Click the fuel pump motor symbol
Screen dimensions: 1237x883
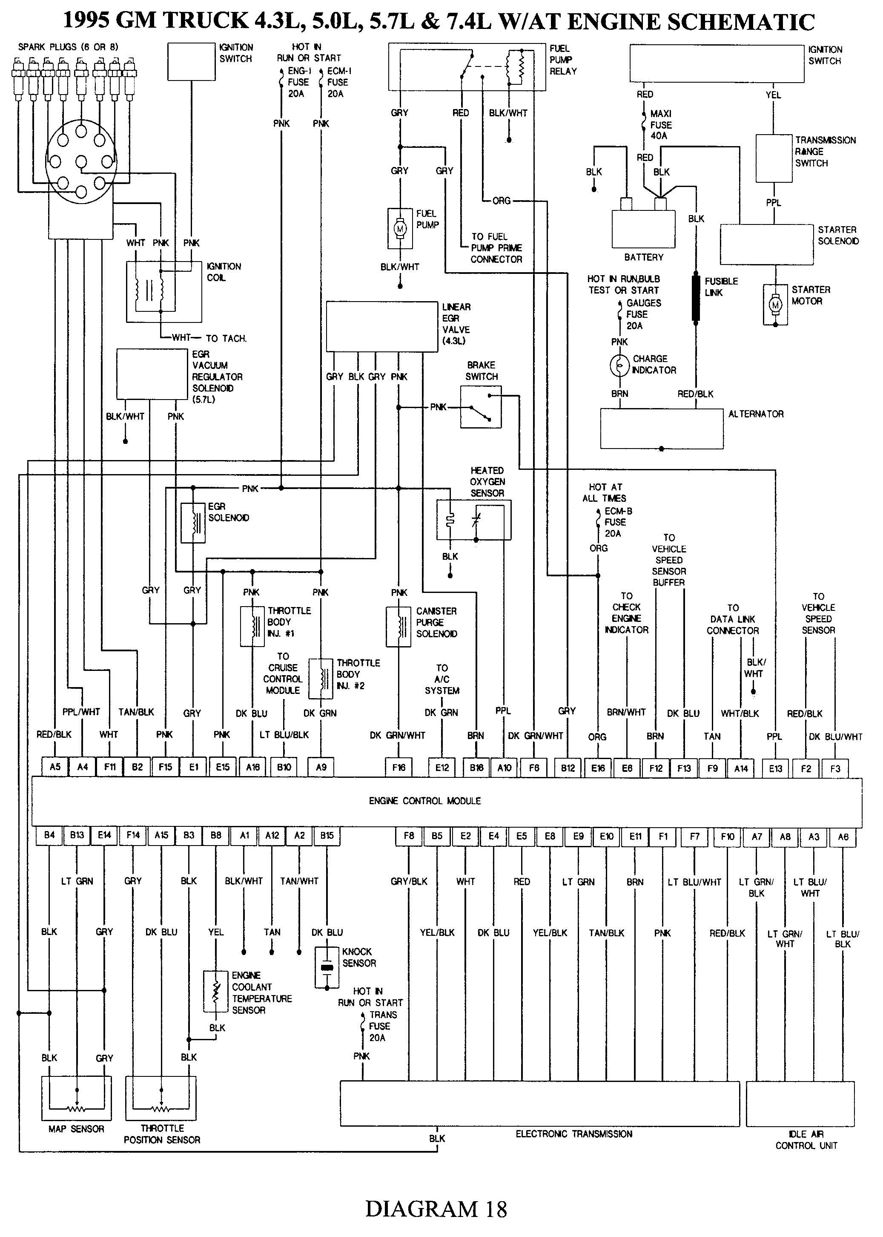click(x=400, y=228)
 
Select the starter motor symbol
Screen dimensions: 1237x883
click(x=775, y=305)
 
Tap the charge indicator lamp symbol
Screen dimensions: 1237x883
click(x=619, y=365)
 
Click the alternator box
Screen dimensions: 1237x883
click(x=661, y=429)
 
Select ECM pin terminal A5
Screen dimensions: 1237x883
click(x=55, y=767)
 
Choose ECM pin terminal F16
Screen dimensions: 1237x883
click(x=398, y=767)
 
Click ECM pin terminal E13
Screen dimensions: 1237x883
click(x=775, y=768)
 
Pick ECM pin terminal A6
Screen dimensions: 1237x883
click(x=843, y=836)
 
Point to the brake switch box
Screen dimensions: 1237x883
click(x=481, y=407)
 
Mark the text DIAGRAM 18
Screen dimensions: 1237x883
click(x=436, y=1209)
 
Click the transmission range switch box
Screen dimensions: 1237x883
click(x=774, y=158)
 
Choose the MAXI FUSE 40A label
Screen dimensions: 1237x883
click(x=661, y=124)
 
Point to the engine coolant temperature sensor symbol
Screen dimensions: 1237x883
click(x=216, y=991)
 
